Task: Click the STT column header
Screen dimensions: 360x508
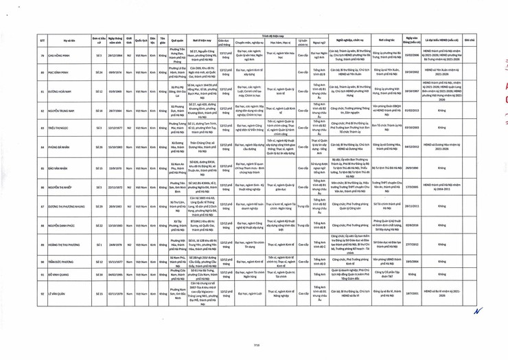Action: (43, 41)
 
